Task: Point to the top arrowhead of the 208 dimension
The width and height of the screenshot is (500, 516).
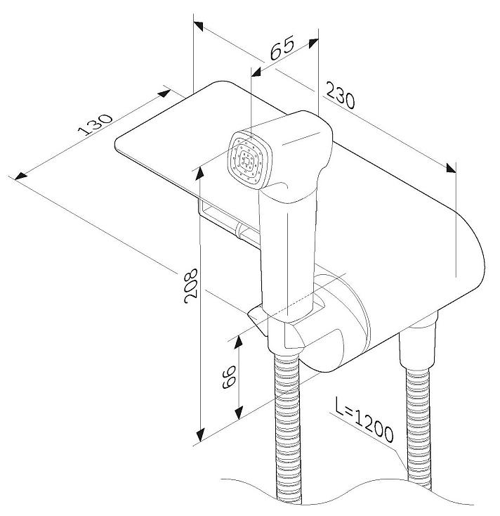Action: [201, 169]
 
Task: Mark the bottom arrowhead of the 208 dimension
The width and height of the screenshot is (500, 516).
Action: [201, 434]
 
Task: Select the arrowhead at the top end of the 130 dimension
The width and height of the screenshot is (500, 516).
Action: [165, 91]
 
